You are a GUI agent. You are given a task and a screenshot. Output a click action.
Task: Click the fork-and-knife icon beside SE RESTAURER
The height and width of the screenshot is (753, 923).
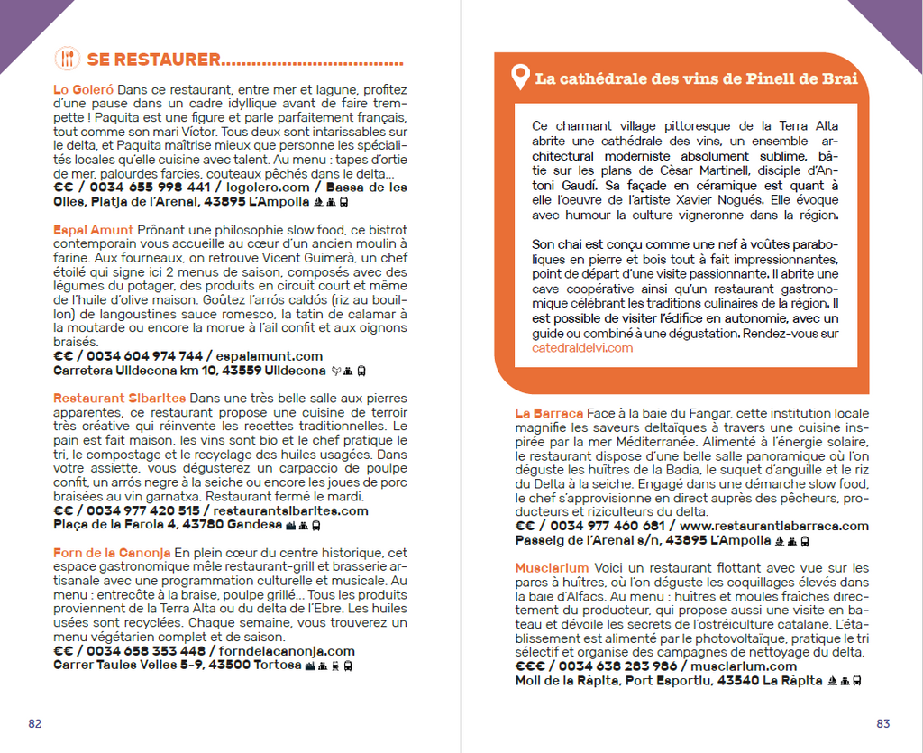pyautogui.click(x=67, y=60)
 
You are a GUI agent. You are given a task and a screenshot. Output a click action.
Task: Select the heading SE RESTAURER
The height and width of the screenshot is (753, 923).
pyautogui.click(x=153, y=60)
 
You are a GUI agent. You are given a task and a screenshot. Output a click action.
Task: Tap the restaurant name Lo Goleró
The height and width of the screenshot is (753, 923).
pyautogui.click(x=83, y=90)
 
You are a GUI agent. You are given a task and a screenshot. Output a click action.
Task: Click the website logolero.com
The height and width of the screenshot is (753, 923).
pyautogui.click(x=267, y=188)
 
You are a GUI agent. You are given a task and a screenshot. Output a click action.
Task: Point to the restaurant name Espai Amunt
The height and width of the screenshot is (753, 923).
pyautogui.click(x=93, y=231)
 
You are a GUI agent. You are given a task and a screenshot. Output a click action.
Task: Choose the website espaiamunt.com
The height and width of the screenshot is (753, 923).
pyautogui.click(x=268, y=356)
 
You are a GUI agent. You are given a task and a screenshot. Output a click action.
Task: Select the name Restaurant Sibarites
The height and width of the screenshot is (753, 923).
pyautogui.click(x=119, y=399)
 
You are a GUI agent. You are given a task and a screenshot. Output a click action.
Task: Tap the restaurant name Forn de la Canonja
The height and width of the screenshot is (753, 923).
pyautogui.click(x=111, y=553)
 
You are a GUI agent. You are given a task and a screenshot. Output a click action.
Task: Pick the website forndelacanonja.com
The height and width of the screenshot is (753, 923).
pyautogui.click(x=282, y=651)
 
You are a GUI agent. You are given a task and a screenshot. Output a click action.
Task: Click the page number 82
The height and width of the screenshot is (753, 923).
pyautogui.click(x=35, y=723)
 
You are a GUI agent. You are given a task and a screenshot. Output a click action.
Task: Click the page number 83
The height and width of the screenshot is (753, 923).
pyautogui.click(x=882, y=723)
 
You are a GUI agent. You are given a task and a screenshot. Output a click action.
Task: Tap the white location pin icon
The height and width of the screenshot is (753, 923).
pyautogui.click(x=519, y=78)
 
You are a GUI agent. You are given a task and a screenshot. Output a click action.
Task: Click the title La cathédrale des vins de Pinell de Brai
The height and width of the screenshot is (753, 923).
pyautogui.click(x=695, y=78)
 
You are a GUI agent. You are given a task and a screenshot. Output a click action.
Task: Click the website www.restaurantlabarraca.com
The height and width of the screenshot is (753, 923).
pyautogui.click(x=774, y=526)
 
